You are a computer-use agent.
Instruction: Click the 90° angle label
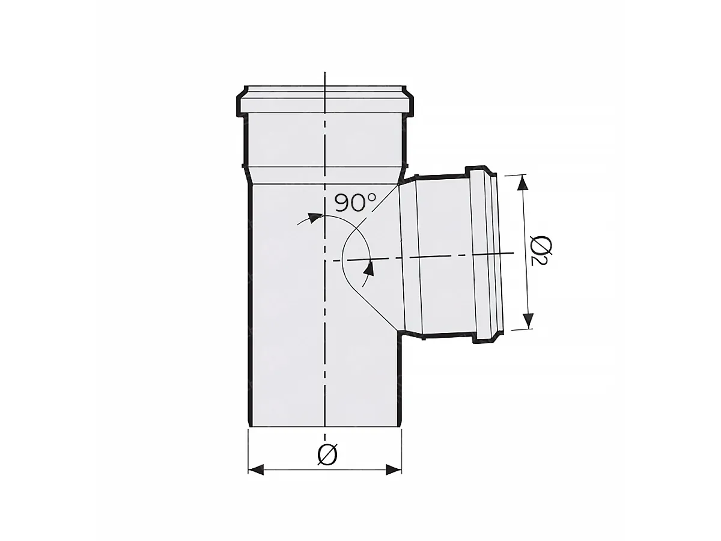[x=354, y=202]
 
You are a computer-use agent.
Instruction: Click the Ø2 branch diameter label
[x=541, y=251]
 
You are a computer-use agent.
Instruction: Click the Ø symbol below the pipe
[x=326, y=455]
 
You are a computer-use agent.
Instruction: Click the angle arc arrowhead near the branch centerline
[x=368, y=269]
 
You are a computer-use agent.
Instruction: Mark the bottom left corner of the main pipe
[x=249, y=427]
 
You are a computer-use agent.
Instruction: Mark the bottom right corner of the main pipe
[x=401, y=427]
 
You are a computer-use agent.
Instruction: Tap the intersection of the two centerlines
[x=325, y=261]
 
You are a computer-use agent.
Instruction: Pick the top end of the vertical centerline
[x=325, y=73]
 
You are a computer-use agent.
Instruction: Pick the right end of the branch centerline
[x=514, y=253]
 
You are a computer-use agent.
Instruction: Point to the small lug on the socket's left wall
[x=242, y=166]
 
